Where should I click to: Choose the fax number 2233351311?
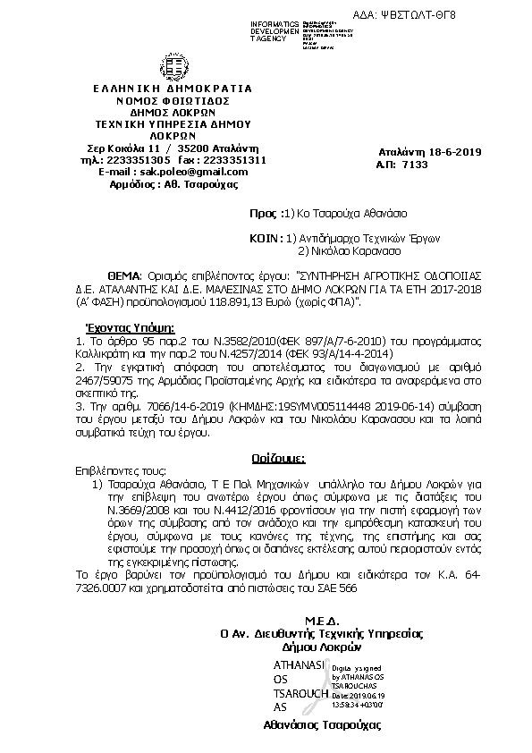point(236,159)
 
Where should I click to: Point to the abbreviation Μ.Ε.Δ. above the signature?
point(317,621)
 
